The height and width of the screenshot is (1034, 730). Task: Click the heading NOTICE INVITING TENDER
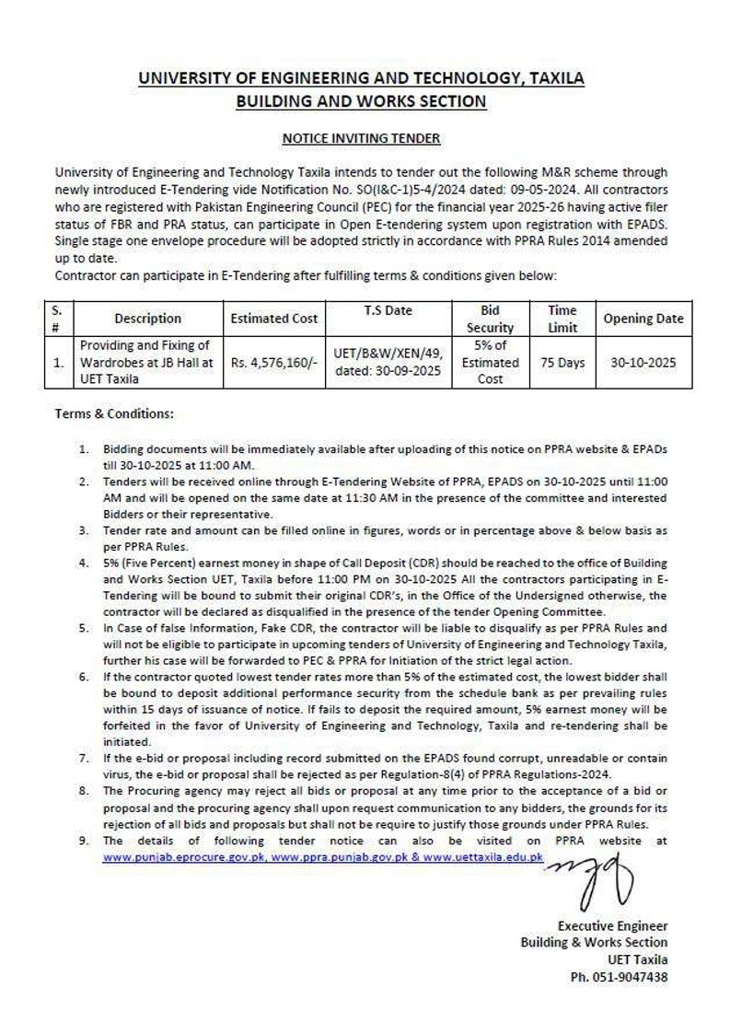(361, 138)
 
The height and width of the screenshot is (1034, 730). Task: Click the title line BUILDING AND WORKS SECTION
(361, 101)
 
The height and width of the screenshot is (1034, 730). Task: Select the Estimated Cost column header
(273, 319)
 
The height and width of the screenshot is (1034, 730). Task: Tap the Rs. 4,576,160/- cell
(273, 363)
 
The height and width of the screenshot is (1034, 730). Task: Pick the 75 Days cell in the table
(562, 363)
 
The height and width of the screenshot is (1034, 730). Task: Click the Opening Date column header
(643, 319)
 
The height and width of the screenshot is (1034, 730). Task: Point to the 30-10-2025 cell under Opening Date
(643, 363)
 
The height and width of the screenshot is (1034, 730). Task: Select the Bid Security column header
(490, 319)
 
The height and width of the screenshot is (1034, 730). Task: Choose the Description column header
(147, 319)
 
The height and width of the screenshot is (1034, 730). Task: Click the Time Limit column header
(562, 319)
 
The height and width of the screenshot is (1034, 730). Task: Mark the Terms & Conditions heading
(114, 414)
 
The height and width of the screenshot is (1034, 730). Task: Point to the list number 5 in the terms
(84, 626)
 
